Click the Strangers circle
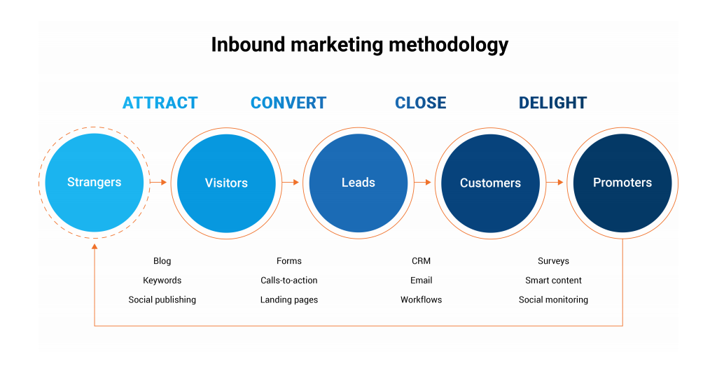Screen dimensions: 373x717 pos(94,183)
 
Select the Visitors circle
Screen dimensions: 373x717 pos(226,183)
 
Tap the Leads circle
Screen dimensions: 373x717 pos(358,183)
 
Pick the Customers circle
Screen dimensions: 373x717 pos(490,183)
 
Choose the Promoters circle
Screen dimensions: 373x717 pos(622,183)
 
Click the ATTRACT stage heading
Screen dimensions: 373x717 pos(160,103)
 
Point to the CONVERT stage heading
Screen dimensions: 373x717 pos(288,103)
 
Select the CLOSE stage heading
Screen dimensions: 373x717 pos(421,103)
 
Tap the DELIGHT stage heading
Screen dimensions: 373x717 pos(552,103)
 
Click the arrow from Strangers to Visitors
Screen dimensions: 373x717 pos(159,182)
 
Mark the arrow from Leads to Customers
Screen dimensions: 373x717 pos(423,182)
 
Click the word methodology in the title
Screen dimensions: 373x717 pos(448,45)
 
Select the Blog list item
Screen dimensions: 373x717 pos(162,261)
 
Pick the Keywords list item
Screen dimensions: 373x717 pos(162,281)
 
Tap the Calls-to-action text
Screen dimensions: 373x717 pos(289,281)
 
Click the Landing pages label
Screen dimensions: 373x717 pos(289,300)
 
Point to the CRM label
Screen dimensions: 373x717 pos(421,261)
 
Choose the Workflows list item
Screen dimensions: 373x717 pos(421,300)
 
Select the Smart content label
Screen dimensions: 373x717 pos(553,281)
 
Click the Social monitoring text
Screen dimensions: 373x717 pos(553,300)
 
